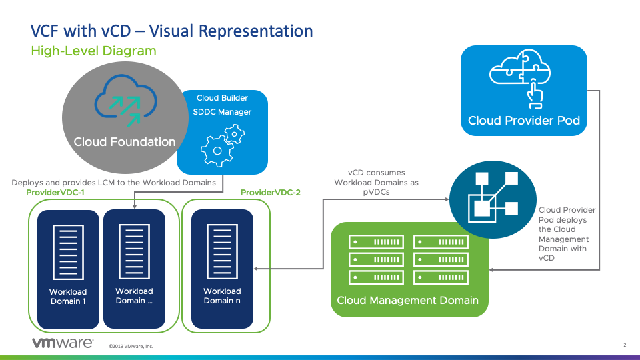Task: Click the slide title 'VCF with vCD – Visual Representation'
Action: tap(171, 31)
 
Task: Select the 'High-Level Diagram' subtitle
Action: tap(93, 51)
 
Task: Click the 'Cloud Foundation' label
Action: tap(125, 142)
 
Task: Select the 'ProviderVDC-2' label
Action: tap(270, 193)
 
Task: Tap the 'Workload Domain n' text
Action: tap(222, 296)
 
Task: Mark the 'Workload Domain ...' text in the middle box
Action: tap(134, 296)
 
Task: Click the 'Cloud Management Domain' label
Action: tap(407, 300)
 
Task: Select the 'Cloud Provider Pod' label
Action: tap(524, 121)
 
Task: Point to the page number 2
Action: tap(625, 345)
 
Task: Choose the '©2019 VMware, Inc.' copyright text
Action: tap(131, 346)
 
